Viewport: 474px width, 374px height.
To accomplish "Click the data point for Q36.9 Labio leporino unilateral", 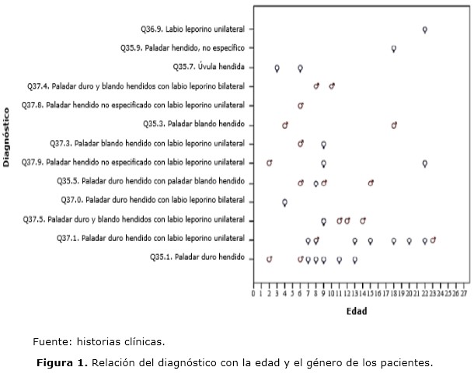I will coord(425,30).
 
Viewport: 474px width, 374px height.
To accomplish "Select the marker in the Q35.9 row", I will coord(394,48).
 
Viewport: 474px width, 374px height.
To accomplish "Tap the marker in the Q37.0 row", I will coord(285,202).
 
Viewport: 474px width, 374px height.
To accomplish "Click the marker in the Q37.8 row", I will coord(301,106).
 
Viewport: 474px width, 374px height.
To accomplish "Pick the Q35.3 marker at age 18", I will coord(394,125).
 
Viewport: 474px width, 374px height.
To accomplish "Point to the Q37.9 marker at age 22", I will coord(425,163).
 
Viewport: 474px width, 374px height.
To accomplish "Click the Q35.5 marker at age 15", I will coord(371,183).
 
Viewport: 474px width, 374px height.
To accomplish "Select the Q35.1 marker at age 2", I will coord(270,259).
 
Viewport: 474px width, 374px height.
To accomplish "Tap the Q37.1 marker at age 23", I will coord(433,240).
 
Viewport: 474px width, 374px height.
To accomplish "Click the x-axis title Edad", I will coord(357,312).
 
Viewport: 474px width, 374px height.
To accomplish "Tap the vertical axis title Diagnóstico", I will coord(7,137).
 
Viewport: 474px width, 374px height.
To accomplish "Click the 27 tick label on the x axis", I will coord(464,294).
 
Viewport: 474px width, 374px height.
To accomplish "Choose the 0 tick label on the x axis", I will coord(253,294).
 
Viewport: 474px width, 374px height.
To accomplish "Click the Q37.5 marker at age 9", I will coord(324,221).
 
